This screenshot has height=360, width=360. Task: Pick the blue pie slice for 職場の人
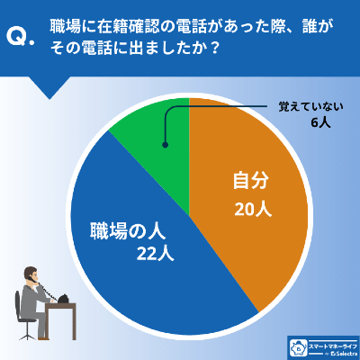pyautogui.click(x=153, y=270)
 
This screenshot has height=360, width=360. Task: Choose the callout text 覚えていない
pyautogui.click(x=305, y=106)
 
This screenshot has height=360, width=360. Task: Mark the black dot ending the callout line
pyautogui.click(x=164, y=144)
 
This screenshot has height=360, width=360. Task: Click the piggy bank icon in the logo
pyautogui.click(x=295, y=347)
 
